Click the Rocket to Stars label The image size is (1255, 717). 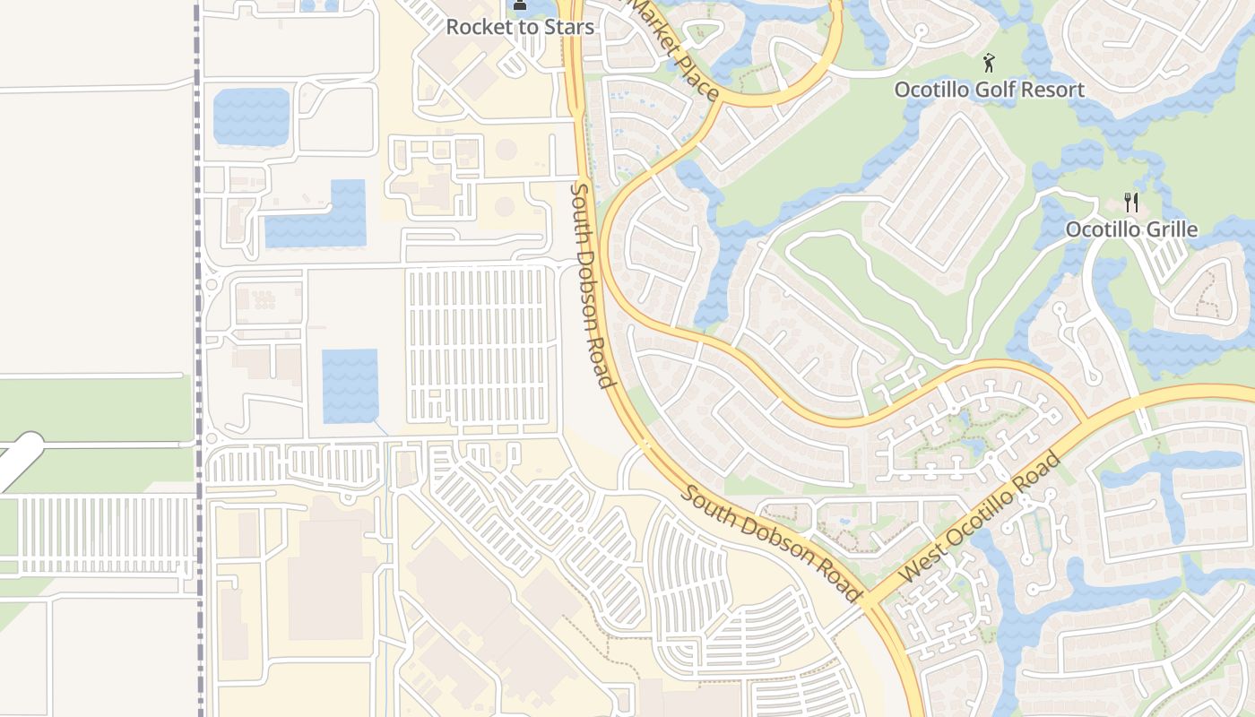tap(520, 27)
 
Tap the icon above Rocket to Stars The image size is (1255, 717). tap(520, 6)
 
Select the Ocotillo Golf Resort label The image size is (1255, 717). tap(989, 90)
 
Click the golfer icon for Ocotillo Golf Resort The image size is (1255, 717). tap(989, 63)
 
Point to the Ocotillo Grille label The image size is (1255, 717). tap(1131, 229)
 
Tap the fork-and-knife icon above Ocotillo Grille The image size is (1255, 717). tap(1131, 203)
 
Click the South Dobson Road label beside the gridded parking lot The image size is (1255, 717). tap(593, 285)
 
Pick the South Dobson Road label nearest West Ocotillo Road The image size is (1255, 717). tap(772, 543)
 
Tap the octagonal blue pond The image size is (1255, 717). tap(251, 117)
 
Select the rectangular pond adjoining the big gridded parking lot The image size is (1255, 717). tap(350, 385)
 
